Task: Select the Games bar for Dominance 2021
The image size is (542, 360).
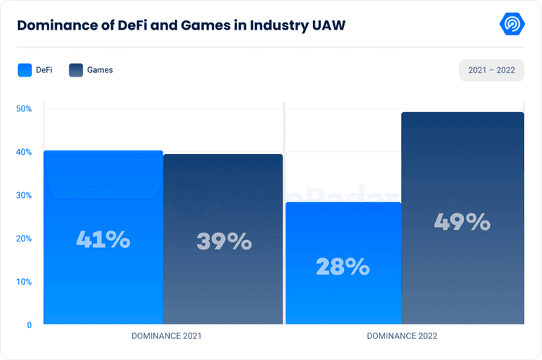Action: (x=223, y=239)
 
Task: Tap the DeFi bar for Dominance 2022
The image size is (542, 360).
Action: (x=343, y=263)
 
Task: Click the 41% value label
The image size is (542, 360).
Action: (x=103, y=239)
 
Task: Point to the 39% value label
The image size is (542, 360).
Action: (x=224, y=241)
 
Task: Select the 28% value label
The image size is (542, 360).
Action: (x=343, y=267)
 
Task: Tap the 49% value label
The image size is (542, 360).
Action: (x=463, y=222)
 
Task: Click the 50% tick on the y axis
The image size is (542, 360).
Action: (x=24, y=109)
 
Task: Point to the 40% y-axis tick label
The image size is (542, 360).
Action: (x=24, y=153)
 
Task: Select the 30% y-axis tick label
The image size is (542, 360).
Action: (x=24, y=195)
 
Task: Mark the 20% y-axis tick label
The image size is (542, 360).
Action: (x=24, y=239)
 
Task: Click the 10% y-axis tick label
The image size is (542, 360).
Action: (x=24, y=282)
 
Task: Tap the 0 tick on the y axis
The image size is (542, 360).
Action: (x=29, y=325)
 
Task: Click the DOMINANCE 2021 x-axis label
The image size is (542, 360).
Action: (x=166, y=337)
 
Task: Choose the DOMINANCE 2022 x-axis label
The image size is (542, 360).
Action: (x=402, y=337)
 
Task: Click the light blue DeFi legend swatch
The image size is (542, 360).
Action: (x=25, y=70)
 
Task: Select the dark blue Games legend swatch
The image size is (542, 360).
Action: (x=76, y=70)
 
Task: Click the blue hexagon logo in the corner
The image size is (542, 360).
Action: (x=512, y=24)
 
